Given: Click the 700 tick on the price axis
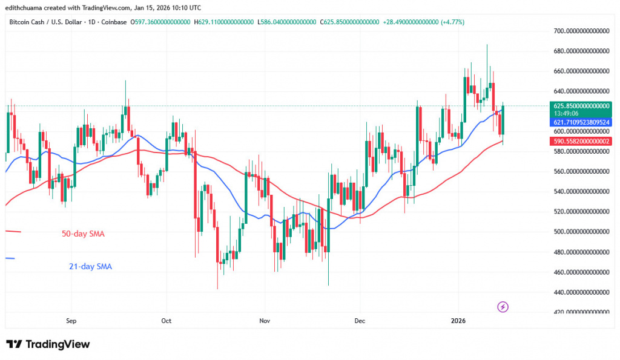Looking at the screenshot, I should click(582, 31).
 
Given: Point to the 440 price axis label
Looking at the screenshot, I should click(582, 292).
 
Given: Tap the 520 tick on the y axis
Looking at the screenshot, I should click(582, 212).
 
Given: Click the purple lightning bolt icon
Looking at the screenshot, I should click(503, 307).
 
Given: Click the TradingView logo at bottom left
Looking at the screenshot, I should click(48, 344).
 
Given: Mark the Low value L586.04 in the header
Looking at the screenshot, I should click(287, 22).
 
